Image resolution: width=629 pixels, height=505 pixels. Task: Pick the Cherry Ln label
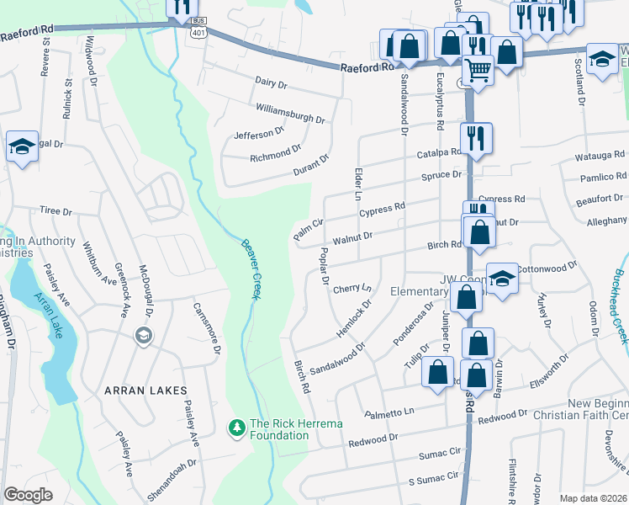(351, 289)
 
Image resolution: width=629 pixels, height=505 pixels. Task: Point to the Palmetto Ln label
(390, 412)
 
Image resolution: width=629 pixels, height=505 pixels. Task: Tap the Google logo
(28, 494)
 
